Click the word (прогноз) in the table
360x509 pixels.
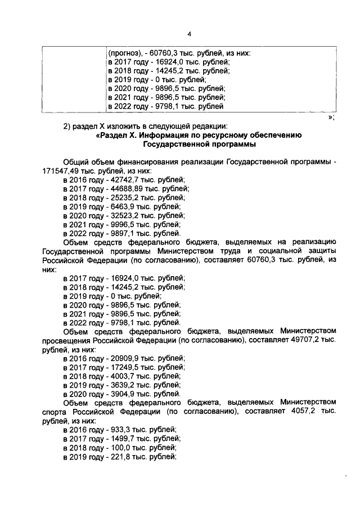tap(124, 54)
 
